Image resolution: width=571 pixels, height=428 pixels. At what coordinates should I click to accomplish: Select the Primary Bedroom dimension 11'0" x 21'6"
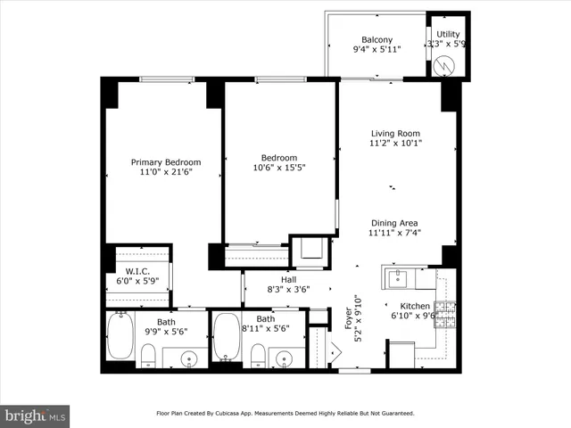[166, 173]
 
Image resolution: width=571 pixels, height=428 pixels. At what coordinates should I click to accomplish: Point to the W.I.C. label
[137, 271]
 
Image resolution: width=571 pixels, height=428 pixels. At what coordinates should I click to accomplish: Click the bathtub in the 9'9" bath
[120, 335]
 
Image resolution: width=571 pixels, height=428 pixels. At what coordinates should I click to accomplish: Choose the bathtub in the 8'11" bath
[227, 335]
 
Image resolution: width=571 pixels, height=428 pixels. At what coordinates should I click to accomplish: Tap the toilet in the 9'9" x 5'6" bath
[148, 358]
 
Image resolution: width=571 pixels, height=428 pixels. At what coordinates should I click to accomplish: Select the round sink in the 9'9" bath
[189, 358]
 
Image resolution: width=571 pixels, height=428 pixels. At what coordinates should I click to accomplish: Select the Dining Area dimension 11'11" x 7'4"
[395, 234]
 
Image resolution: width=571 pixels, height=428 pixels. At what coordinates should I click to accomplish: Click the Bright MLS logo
[36, 416]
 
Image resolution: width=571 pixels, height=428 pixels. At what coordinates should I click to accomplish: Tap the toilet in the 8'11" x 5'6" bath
[258, 357]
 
